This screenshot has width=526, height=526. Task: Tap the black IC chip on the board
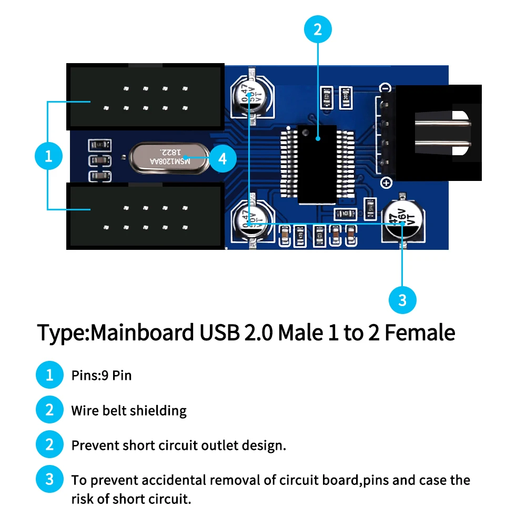317,164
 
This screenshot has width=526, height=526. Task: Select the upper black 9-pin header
145,97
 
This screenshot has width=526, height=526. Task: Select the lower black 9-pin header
145,216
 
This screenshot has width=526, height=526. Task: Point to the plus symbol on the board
387,183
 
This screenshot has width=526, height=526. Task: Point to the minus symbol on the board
386,88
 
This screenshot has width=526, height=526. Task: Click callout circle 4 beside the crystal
222,158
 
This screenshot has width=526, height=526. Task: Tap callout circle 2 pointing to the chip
317,29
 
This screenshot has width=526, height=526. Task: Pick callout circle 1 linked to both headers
48,156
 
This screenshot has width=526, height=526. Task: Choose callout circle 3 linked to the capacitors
402,300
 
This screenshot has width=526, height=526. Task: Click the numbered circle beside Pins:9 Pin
49,375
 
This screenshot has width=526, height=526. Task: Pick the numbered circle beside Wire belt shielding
49,410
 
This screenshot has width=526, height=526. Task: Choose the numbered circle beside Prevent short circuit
49,445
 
